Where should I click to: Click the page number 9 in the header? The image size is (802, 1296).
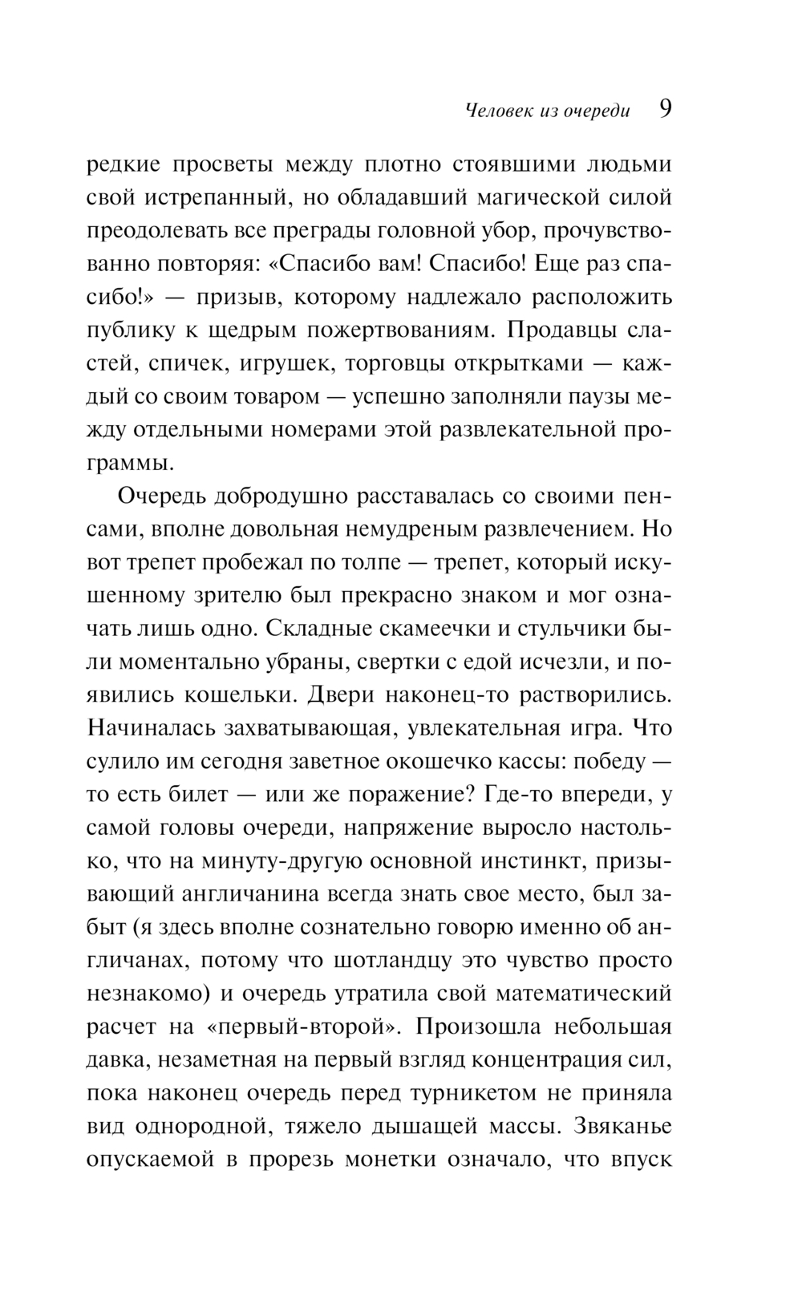point(665,109)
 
